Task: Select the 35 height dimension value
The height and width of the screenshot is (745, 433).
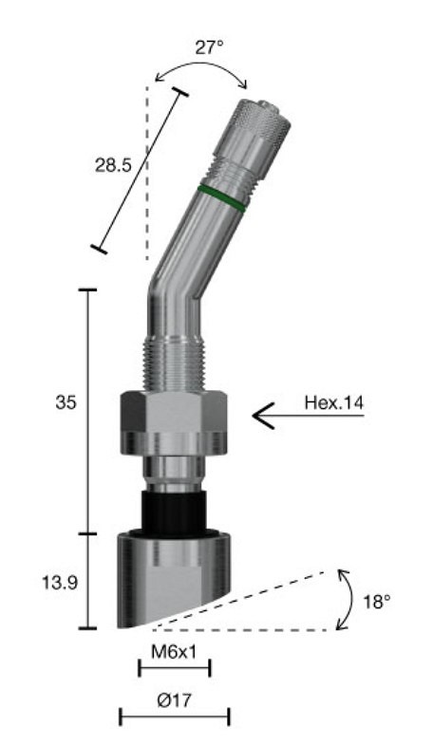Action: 66,402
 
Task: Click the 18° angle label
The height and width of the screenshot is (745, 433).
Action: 376,601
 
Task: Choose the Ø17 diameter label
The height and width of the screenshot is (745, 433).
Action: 174,699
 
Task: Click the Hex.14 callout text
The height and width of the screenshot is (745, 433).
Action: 333,401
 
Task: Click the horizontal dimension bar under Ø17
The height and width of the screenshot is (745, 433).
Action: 174,716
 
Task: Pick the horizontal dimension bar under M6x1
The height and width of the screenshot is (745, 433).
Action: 174,668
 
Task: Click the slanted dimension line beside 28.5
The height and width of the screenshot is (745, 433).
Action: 139,171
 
